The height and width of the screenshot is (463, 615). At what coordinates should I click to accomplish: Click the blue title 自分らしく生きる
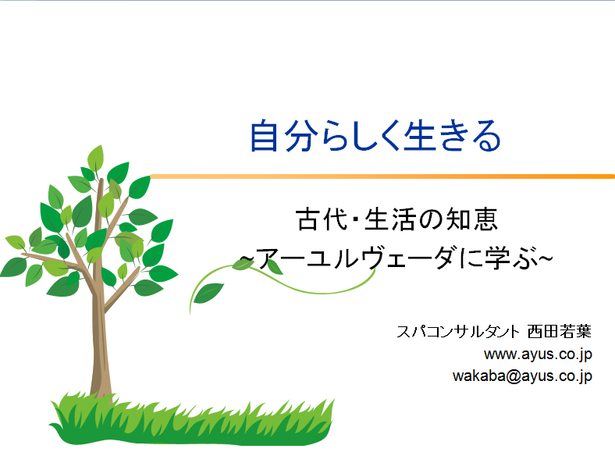(x=375, y=136)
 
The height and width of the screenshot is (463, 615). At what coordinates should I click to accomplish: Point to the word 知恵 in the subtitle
(x=472, y=219)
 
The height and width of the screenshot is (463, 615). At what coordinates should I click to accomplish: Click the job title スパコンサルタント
(x=458, y=332)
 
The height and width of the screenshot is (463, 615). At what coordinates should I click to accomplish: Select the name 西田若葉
(x=560, y=332)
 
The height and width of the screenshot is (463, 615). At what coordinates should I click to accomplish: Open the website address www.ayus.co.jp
(x=538, y=354)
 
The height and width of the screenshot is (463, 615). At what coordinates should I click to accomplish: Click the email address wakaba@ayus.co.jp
(x=522, y=376)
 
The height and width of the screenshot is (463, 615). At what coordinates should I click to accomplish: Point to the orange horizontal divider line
(x=382, y=176)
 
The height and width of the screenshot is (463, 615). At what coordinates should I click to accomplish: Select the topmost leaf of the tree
(x=95, y=158)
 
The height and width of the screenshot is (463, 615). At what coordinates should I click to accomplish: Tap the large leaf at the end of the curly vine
(x=208, y=293)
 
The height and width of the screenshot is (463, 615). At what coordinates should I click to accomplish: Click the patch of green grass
(x=191, y=422)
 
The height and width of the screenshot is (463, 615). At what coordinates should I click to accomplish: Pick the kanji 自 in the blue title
(x=265, y=136)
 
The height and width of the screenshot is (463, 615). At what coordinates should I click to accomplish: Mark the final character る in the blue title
(x=486, y=136)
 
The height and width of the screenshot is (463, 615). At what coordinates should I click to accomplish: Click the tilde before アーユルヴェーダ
(x=247, y=258)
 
